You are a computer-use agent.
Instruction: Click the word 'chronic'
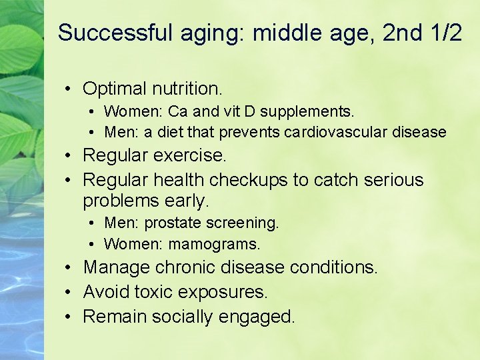(x=185, y=268)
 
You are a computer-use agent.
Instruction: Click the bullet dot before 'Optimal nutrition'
(x=69, y=89)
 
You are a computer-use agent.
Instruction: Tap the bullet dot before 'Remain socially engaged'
(x=69, y=317)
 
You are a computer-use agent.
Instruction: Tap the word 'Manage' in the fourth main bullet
(x=116, y=268)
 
